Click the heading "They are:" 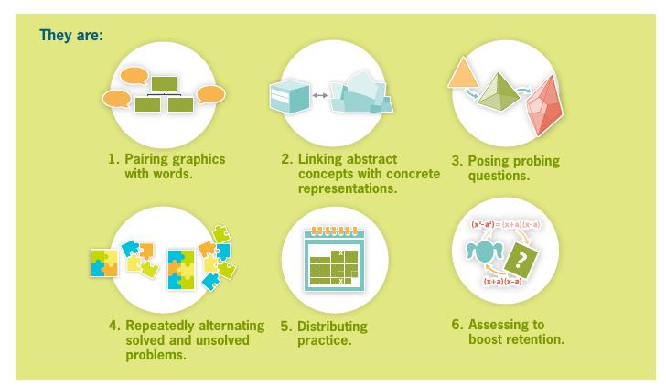pos(71,35)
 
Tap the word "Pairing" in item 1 pos(145,159)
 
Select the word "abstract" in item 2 pos(371,159)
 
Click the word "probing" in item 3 pos(536,161)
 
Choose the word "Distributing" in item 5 pos(332,327)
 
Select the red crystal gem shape pos(545,106)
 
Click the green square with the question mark pos(521,259)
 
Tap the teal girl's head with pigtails pos(484,252)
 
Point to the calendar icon pos(334,259)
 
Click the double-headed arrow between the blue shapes pos(320,95)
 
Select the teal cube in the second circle pos(290,96)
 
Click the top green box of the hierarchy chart pos(165,84)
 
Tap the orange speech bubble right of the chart pos(211,94)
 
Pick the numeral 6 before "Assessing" pos(457,325)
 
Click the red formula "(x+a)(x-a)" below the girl pos(503,281)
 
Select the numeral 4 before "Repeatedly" pos(113,326)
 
